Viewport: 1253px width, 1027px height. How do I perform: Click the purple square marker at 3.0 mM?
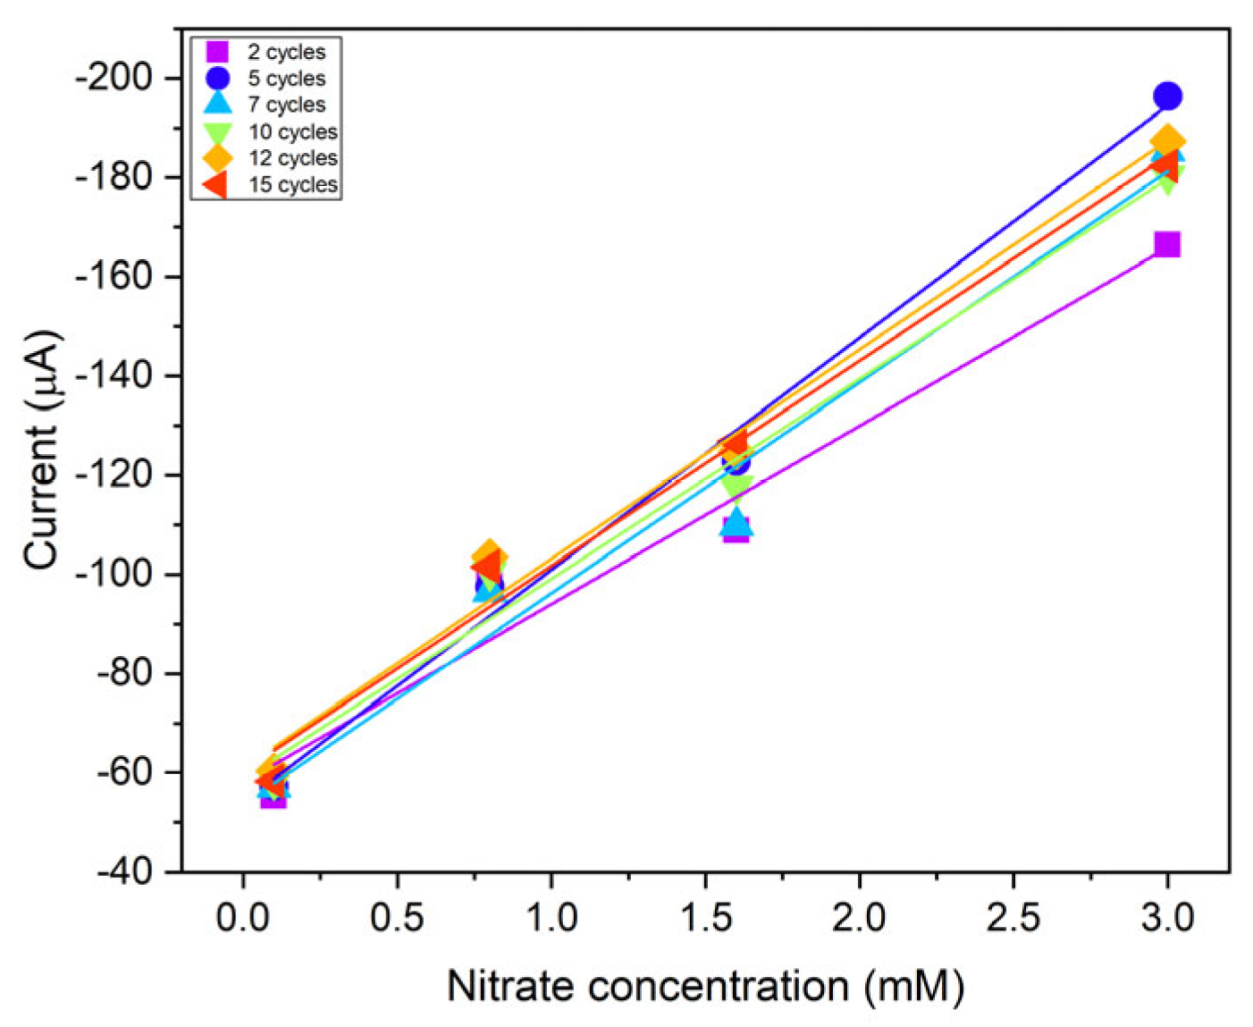[x=1166, y=244]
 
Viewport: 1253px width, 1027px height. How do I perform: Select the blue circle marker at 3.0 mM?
[x=1166, y=96]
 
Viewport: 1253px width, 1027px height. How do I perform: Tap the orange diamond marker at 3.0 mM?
[x=1166, y=141]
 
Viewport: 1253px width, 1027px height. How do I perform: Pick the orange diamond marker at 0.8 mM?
[x=488, y=555]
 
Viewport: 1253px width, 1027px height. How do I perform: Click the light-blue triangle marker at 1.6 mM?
[x=736, y=521]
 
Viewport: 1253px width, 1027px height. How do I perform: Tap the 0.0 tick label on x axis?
[x=242, y=918]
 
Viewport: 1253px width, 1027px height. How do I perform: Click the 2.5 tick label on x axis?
[x=1013, y=918]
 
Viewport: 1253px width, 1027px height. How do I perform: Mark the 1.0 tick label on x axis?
[x=551, y=918]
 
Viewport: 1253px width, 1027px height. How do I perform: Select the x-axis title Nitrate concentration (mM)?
[x=705, y=987]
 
